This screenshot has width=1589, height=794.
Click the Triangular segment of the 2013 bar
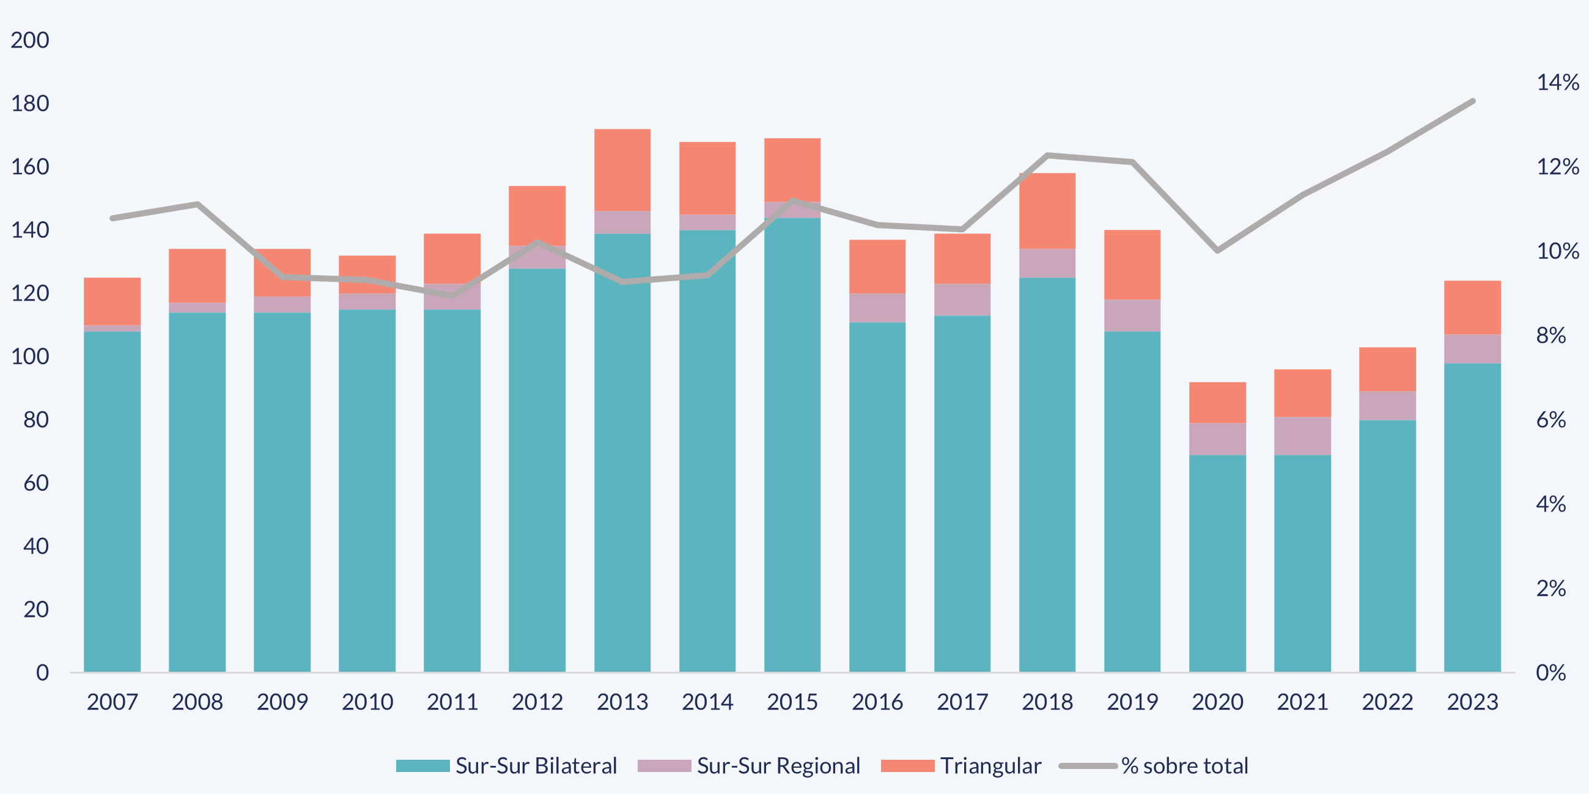click(x=622, y=170)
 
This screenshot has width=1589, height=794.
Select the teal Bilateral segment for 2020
click(x=1217, y=564)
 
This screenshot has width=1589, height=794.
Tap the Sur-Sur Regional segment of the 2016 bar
click(x=877, y=307)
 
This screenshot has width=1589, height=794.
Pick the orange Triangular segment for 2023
click(x=1472, y=307)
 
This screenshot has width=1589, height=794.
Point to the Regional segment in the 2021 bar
click(x=1302, y=436)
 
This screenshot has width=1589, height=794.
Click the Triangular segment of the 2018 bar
click(x=1047, y=211)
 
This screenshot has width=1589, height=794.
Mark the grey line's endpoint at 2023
click(x=1473, y=101)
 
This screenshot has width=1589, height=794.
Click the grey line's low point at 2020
click(x=1217, y=250)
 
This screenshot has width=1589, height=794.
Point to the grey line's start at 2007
click(x=112, y=218)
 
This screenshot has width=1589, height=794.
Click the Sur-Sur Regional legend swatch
click(x=664, y=766)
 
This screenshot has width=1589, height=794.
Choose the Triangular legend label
click(x=990, y=766)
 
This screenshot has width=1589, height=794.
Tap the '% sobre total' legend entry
click(x=1184, y=766)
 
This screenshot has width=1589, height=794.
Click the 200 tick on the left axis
click(x=29, y=40)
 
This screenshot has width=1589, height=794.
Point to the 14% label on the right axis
click(x=1558, y=82)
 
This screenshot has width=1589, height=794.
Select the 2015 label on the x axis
click(x=792, y=702)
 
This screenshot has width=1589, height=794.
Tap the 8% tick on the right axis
click(x=1550, y=336)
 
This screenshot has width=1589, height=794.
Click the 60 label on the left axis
click(x=36, y=483)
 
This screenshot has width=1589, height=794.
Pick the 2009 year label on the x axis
click(x=282, y=702)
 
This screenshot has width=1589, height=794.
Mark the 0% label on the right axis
click(x=1550, y=672)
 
